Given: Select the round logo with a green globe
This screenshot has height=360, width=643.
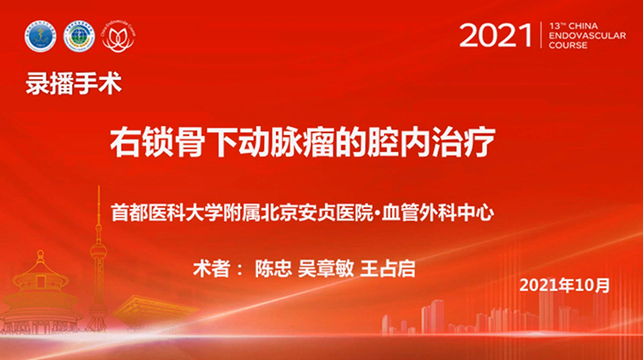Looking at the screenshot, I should (80, 36).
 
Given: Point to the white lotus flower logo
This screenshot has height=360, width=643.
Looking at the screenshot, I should (118, 36).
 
